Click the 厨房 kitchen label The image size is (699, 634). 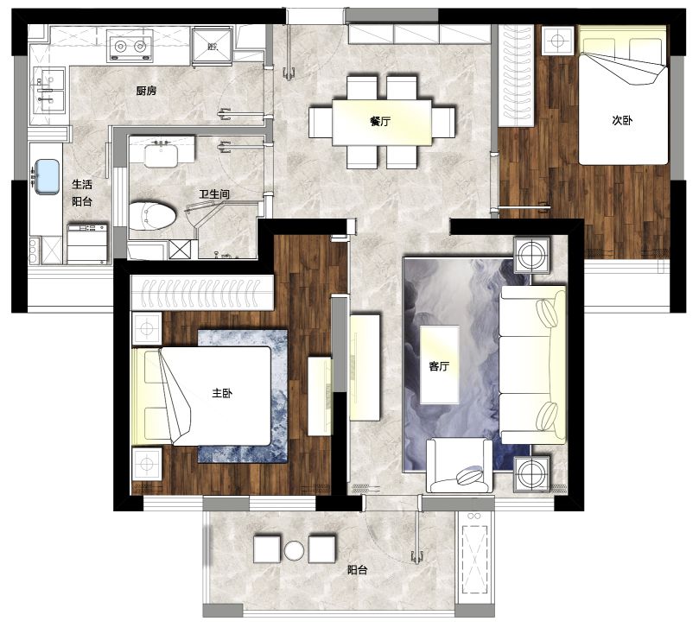pos(146,91)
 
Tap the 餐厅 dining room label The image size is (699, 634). pos(380,121)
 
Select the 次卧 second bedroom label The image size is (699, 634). pos(622,120)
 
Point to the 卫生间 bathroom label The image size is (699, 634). pos(214,194)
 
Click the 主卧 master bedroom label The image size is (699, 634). pos(222,393)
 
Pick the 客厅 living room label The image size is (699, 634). pos(439,366)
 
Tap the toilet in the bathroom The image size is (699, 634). pos(152,216)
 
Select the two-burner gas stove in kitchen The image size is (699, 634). pos(130,46)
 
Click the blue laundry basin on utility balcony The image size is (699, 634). pos(48,177)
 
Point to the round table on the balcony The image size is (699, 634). pos(295,551)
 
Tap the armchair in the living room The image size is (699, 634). pos(459,466)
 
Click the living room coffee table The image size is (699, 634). pos(440,365)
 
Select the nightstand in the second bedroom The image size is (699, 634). pos(557,41)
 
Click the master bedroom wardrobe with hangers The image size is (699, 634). pos(202,292)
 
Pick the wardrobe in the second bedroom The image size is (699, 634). pos(516,76)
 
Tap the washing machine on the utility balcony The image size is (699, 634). pos(87,244)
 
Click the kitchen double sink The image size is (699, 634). pos(48,91)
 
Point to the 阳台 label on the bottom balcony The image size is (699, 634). pos(357,570)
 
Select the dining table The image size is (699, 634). pos(382,123)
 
